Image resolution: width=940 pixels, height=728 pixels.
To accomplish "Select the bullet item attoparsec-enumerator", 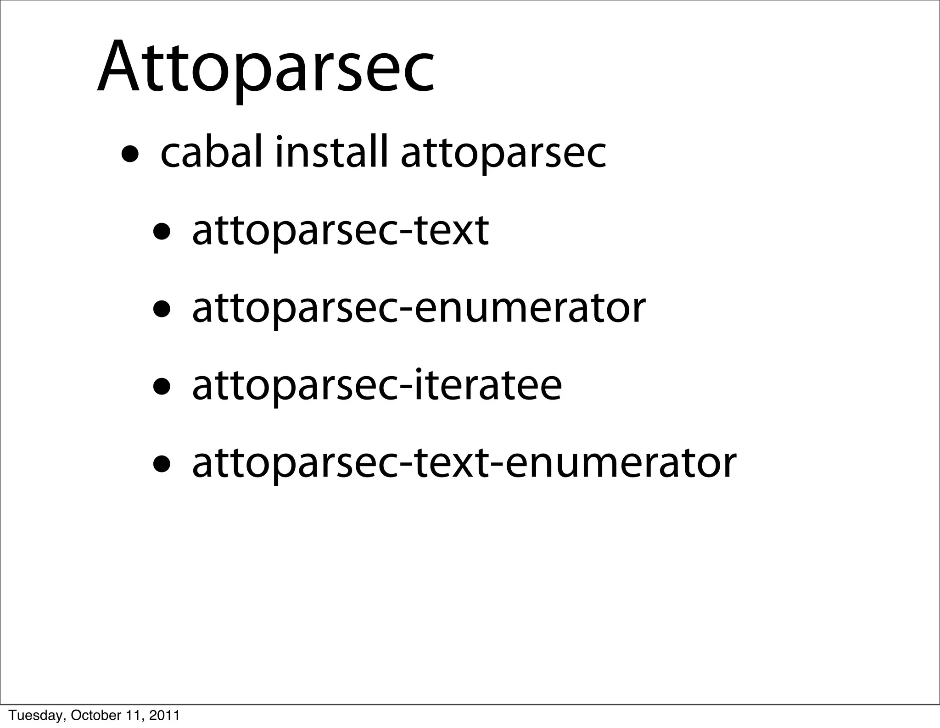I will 418,308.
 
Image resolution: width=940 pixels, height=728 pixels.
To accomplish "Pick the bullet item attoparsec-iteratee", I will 376,386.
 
